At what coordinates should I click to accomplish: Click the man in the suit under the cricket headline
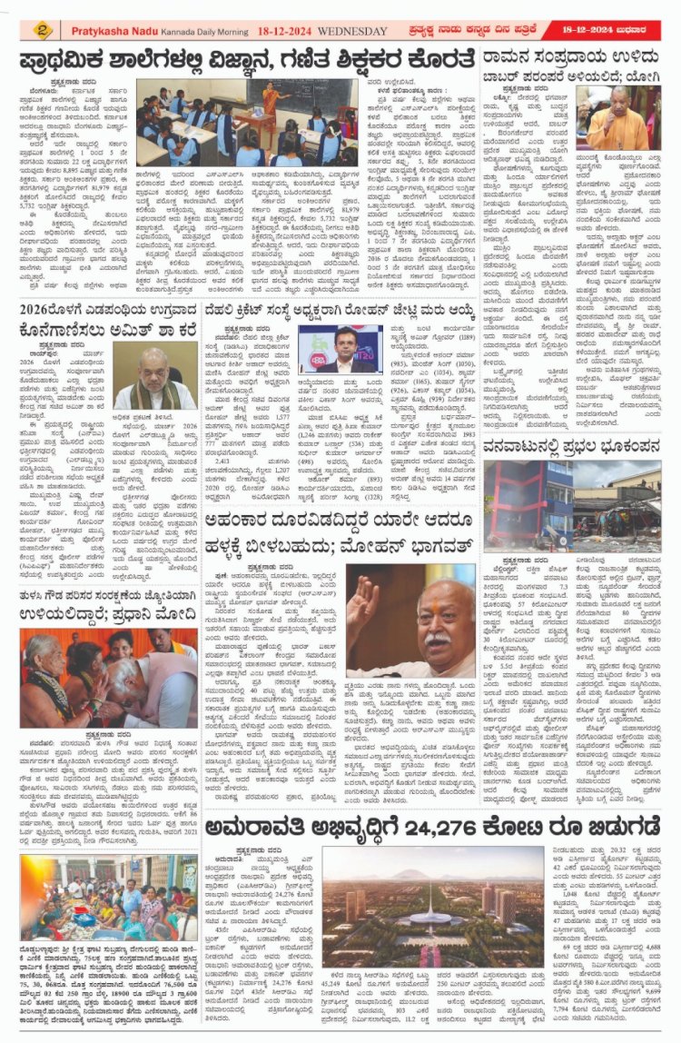coord(343,353)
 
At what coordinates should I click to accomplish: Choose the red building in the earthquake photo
coord(528,503)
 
